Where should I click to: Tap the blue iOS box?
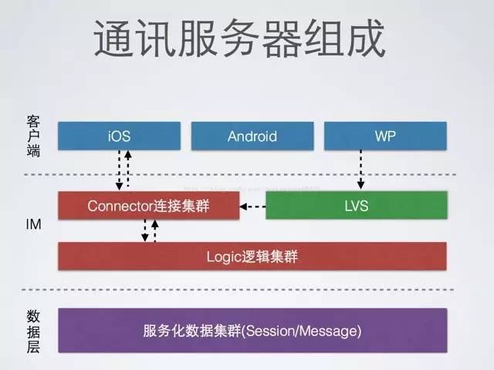pos(120,136)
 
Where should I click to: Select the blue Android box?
pos(252,136)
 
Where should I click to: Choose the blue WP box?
pos(385,136)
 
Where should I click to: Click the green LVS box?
pos(356,206)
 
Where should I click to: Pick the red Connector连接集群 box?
pos(148,206)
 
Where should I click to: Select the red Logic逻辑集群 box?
pos(252,257)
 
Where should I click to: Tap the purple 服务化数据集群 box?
pos(252,331)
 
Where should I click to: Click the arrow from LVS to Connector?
pos(252,206)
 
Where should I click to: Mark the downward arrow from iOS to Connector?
pos(118,170)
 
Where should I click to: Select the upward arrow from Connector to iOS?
pos(128,170)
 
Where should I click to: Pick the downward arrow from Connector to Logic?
pos(144,230)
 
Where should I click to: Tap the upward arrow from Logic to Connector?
pos(155,230)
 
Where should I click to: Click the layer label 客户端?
pos(32,137)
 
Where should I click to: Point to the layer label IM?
pos(33,226)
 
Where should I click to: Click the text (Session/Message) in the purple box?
pos(310,331)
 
